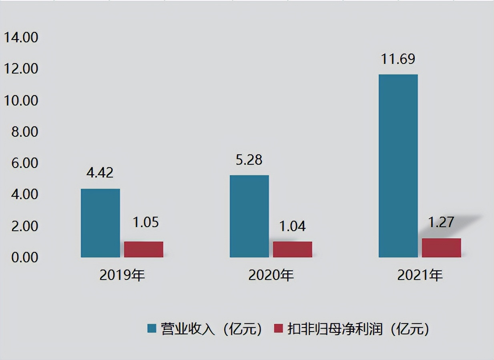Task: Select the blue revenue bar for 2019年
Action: pyautogui.click(x=100, y=223)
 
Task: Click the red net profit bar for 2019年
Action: pyautogui.click(x=144, y=250)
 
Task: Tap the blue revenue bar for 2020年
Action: pyautogui.click(x=249, y=216)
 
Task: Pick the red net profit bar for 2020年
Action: pyautogui.click(x=292, y=250)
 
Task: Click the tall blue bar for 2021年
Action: pyautogui.click(x=398, y=166)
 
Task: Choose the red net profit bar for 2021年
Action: pyautogui.click(x=442, y=248)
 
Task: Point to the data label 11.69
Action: pyautogui.click(x=398, y=59)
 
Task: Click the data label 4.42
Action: pyautogui.click(x=100, y=172)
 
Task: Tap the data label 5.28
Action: pyautogui.click(x=249, y=160)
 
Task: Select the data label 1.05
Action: pyautogui.click(x=146, y=222)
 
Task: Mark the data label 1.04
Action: pyautogui.click(x=292, y=226)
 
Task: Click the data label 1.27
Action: pyautogui.click(x=441, y=222)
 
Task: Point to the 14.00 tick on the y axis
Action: pyautogui.click(x=21, y=37)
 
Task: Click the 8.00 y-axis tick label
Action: pyautogui.click(x=25, y=132)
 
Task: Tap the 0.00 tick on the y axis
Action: pyautogui.click(x=25, y=257)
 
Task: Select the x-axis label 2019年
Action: pyautogui.click(x=122, y=275)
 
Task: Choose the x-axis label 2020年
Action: pyautogui.click(x=271, y=275)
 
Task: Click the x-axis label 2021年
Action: pyautogui.click(x=420, y=275)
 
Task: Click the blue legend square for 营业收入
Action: pyautogui.click(x=152, y=328)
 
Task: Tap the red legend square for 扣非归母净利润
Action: pyautogui.click(x=278, y=328)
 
